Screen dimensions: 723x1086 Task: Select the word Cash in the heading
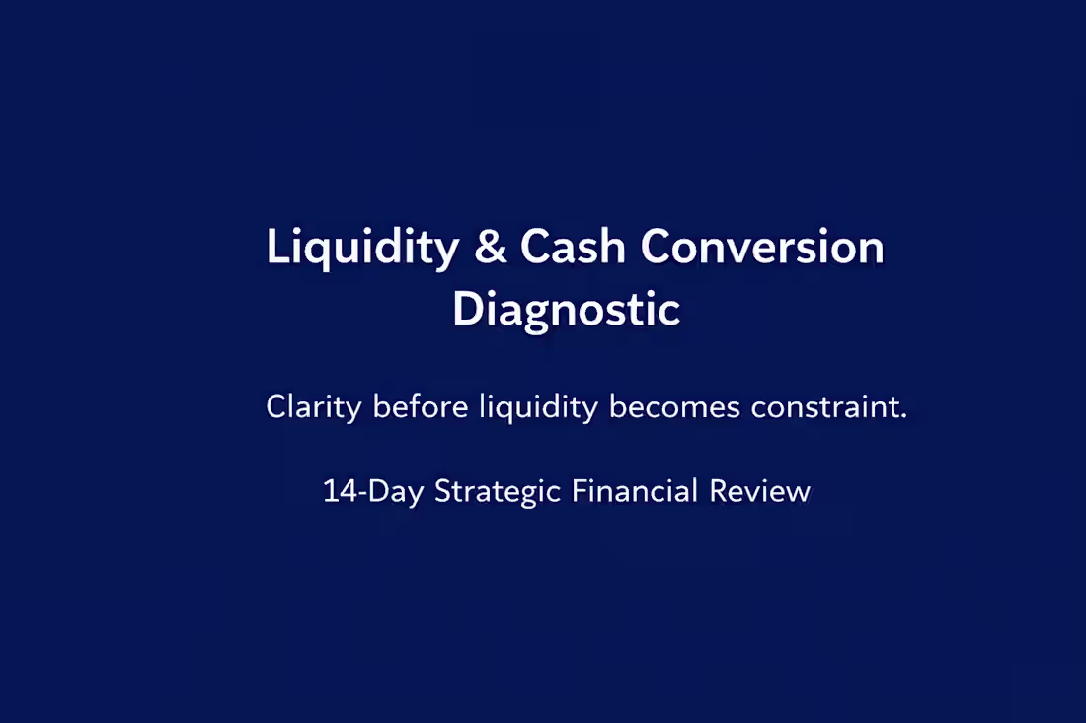pyautogui.click(x=573, y=248)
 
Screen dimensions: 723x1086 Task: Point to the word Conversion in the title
pyautogui.click(x=761, y=248)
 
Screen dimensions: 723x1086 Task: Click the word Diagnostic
pyautogui.click(x=566, y=310)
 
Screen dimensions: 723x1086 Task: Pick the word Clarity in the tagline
pyautogui.click(x=314, y=407)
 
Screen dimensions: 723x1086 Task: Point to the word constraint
pyautogui.click(x=824, y=407)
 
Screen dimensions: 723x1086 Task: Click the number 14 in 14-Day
pyautogui.click(x=339, y=491)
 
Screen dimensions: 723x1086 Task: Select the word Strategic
pyautogui.click(x=499, y=491)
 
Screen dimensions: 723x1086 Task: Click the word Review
pyautogui.click(x=759, y=491)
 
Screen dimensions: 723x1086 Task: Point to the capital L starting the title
pyautogui.click(x=276, y=248)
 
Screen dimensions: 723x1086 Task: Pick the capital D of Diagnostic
pyautogui.click(x=465, y=310)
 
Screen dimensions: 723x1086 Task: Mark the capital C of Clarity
pyautogui.click(x=275, y=407)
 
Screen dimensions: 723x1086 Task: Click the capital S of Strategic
pyautogui.click(x=442, y=491)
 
